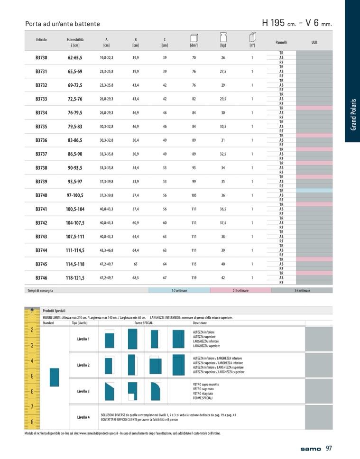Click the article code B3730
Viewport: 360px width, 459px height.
click(x=41, y=58)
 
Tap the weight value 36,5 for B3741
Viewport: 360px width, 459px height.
click(x=222, y=209)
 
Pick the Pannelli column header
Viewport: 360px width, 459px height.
click(x=281, y=42)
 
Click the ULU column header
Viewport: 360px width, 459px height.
click(x=314, y=42)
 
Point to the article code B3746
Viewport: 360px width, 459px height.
click(x=41, y=278)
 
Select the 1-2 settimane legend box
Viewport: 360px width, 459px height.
click(x=179, y=290)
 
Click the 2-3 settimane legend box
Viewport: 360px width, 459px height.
click(x=240, y=290)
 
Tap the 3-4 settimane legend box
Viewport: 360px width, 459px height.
click(x=302, y=290)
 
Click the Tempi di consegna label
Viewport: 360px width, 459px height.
click(x=40, y=290)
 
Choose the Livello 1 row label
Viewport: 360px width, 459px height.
click(x=83, y=339)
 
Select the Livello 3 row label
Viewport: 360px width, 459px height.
click(x=83, y=391)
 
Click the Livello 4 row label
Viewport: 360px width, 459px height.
click(x=83, y=417)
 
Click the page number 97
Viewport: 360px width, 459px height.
click(x=329, y=449)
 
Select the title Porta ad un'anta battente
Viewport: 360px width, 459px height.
click(x=63, y=24)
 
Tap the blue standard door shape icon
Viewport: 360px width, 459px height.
click(x=54, y=377)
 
